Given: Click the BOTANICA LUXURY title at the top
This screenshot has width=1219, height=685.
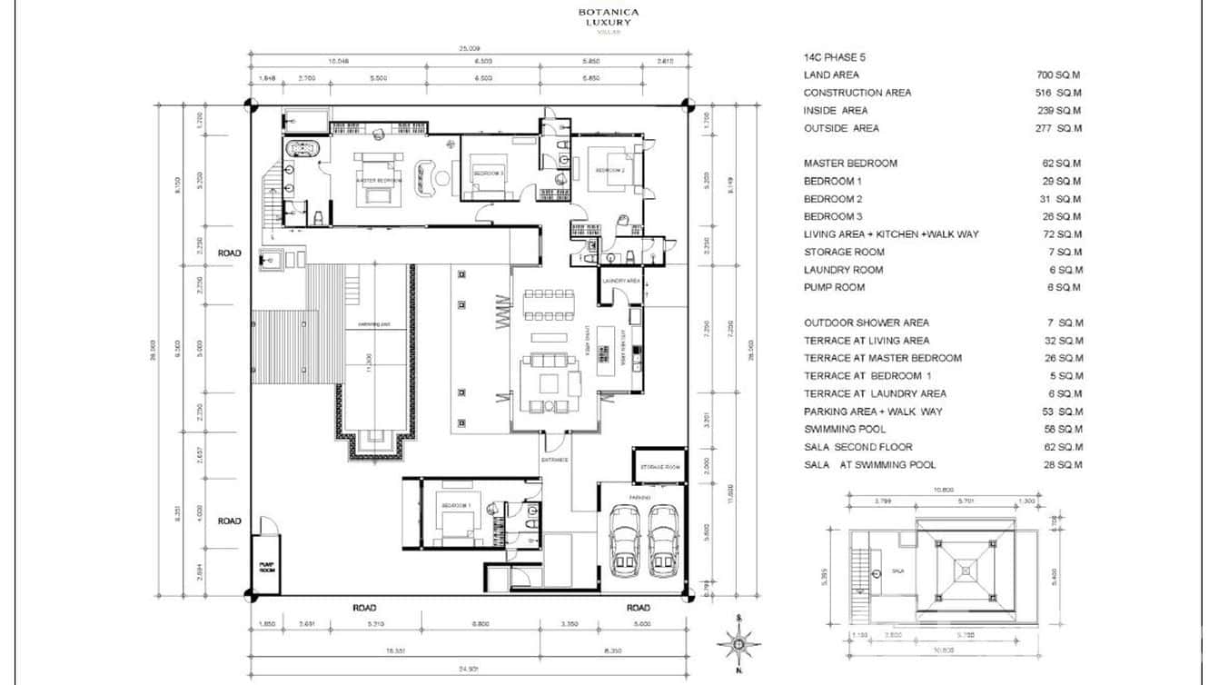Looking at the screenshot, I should (x=609, y=17).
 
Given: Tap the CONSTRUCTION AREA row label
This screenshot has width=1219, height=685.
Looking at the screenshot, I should (x=857, y=93).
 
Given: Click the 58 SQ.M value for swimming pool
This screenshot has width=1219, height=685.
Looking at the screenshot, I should (x=1064, y=429).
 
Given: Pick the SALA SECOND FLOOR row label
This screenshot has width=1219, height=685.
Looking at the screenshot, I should (x=857, y=447).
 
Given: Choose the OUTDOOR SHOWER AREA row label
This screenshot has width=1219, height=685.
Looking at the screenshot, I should (x=866, y=323).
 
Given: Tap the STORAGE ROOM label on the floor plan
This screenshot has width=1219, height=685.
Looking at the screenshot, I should (x=660, y=467).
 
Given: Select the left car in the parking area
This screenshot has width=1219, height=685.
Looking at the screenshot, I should (x=626, y=541).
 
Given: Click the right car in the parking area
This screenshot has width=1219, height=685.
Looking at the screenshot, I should (x=665, y=541).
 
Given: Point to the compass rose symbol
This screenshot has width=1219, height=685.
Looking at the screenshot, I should (x=739, y=643).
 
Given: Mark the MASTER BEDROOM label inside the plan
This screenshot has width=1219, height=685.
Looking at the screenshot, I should (x=378, y=180).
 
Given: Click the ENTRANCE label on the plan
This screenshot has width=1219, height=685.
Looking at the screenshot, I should (x=554, y=460).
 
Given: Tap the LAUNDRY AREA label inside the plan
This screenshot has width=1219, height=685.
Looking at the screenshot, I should (x=621, y=282).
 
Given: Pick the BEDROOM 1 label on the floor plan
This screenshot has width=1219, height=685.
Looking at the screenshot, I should (x=456, y=505).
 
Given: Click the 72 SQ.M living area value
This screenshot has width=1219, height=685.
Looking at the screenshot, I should (x=1064, y=234).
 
